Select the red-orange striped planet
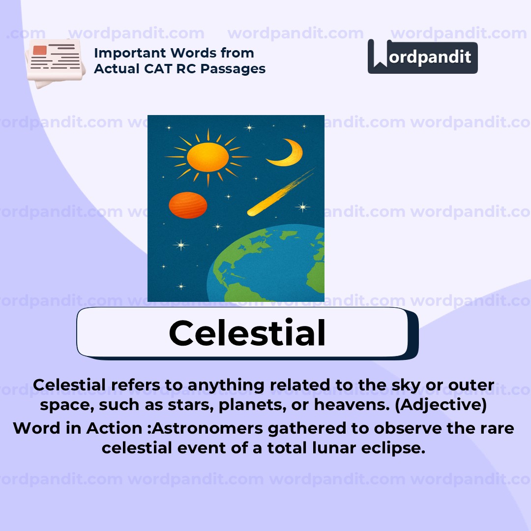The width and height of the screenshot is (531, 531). (x=187, y=205)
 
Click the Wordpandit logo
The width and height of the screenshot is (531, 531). (x=422, y=57)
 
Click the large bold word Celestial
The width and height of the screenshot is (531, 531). (x=247, y=333)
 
